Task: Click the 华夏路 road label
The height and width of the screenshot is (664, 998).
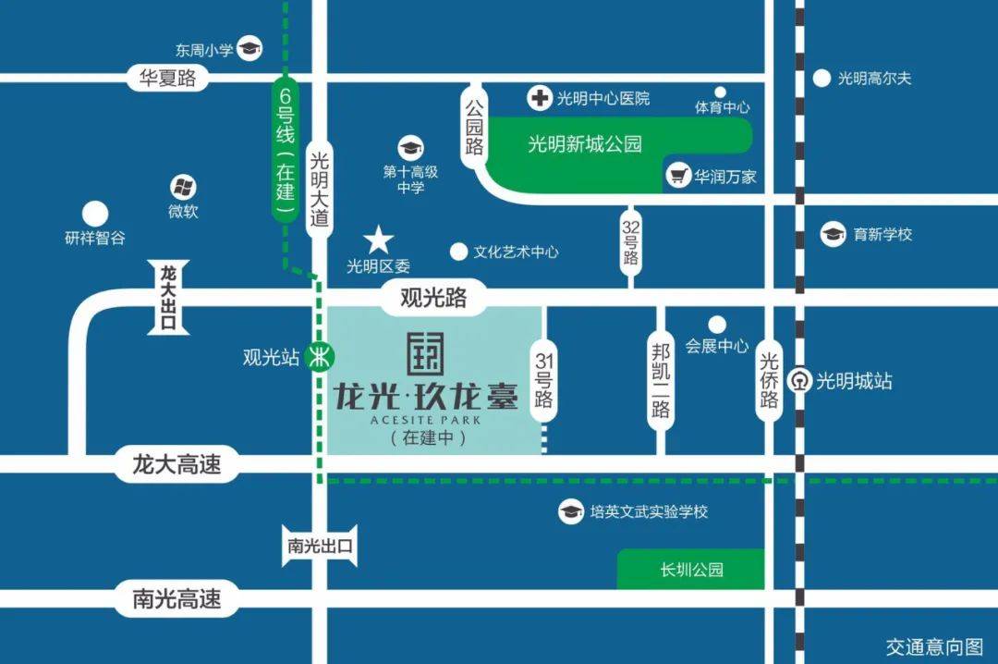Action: tap(168, 78)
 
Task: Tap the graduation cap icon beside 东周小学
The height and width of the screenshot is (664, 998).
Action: tap(249, 49)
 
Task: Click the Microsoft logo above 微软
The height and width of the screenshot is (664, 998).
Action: tap(183, 188)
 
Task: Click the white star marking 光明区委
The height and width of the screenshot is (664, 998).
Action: tap(378, 241)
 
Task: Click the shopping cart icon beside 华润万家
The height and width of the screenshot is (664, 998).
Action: tap(679, 175)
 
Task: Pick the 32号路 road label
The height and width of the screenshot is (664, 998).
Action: tap(631, 240)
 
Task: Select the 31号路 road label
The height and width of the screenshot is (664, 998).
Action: tap(543, 379)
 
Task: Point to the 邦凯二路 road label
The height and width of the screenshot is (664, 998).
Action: tap(660, 380)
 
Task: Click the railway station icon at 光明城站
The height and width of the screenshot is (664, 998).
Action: tap(799, 380)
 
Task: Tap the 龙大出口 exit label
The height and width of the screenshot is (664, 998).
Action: tap(168, 297)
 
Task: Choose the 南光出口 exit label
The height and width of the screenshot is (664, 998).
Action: tap(319, 545)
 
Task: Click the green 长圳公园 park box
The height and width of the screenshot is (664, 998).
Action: tap(691, 569)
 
